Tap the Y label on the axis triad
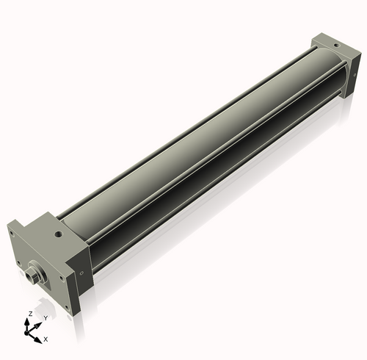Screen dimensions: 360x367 pyautogui.click(x=46, y=317)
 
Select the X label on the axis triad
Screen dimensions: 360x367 pyautogui.click(x=46, y=339)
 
